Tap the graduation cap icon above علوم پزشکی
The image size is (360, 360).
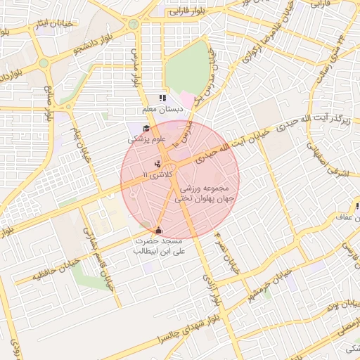click(x=146, y=129)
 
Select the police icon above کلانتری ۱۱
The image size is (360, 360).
click(x=156, y=164)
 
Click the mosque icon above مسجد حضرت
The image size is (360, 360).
click(x=158, y=230)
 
